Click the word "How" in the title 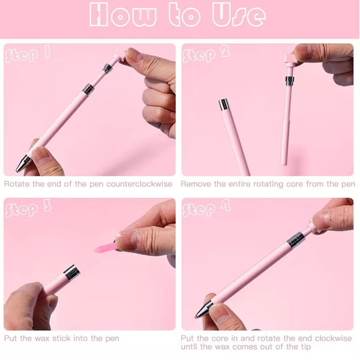click(123, 14)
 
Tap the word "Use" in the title click(239, 14)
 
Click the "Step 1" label click(28, 54)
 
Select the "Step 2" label click(206, 55)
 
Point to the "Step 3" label click(28, 208)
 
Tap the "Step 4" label click(206, 208)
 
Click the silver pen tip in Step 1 click(23, 164)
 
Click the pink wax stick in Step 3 click(105, 248)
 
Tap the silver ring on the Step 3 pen click(71, 272)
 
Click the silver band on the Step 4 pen click(296, 239)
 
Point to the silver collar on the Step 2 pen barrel click(224, 104)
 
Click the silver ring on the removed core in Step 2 click(290, 80)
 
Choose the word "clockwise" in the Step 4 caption click(333, 338)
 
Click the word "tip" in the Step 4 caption click(305, 347)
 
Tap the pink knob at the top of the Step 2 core click(290, 58)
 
